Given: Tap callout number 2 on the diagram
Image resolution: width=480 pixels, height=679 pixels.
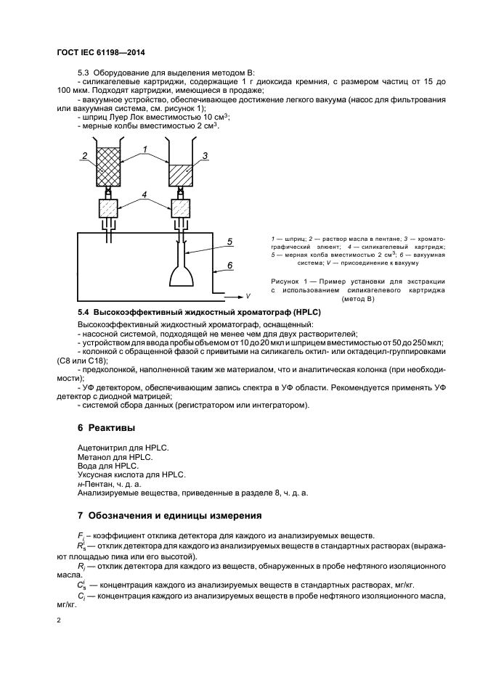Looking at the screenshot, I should coord(85,156).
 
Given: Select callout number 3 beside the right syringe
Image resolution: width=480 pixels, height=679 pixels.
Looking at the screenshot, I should coord(206,156).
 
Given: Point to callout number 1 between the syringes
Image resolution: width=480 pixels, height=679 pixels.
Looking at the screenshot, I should coord(145,149).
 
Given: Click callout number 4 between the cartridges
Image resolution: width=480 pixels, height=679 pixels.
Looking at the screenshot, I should coord(145,194).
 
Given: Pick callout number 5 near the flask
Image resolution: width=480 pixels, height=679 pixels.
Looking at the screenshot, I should coord(229,242).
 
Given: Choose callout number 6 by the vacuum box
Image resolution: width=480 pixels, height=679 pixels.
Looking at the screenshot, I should coord(229,266).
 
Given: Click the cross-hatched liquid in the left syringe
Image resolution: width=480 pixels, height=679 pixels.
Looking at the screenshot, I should coord(108,165).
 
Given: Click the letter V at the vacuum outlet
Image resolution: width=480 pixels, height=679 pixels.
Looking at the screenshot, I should coord(248,297).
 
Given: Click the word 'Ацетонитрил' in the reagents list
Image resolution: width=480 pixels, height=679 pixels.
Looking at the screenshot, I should coord(101,448).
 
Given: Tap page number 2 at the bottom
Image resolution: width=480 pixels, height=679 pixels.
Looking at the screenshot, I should coord(58,620).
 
